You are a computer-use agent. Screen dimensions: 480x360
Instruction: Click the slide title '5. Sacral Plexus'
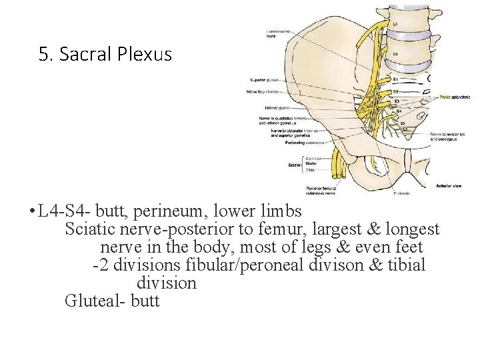coord(105,54)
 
